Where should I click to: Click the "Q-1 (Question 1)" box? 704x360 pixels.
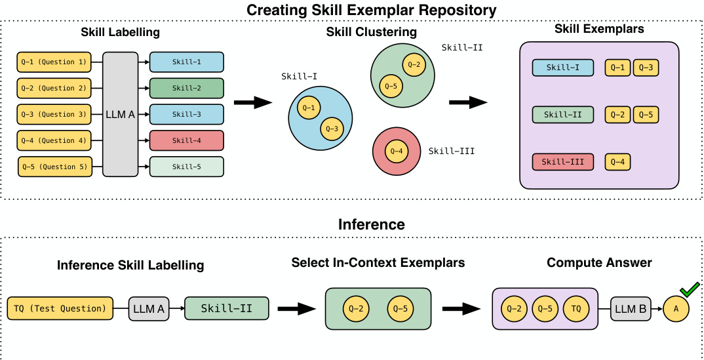54,62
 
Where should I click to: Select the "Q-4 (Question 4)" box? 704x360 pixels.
54,140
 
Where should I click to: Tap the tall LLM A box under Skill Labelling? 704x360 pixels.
120,115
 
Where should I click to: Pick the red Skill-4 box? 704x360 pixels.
187,140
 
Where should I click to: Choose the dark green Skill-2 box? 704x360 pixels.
187,88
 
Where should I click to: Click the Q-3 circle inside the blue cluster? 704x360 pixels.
332,129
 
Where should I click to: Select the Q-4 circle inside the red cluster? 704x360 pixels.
397,151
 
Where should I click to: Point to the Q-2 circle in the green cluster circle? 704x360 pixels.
414,64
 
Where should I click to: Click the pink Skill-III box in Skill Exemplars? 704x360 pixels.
563,161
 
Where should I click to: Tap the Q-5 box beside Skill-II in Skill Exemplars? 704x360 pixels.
645,115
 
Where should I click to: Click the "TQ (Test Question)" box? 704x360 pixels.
60,308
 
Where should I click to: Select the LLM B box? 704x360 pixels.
631,308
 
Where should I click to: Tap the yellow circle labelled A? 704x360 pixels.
676,308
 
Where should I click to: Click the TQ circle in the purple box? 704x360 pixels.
576,308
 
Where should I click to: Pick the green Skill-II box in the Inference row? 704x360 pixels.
227,308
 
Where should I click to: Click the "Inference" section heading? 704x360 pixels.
371,224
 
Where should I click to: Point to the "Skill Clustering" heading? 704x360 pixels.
371,32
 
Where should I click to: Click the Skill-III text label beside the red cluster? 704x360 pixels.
452,151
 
